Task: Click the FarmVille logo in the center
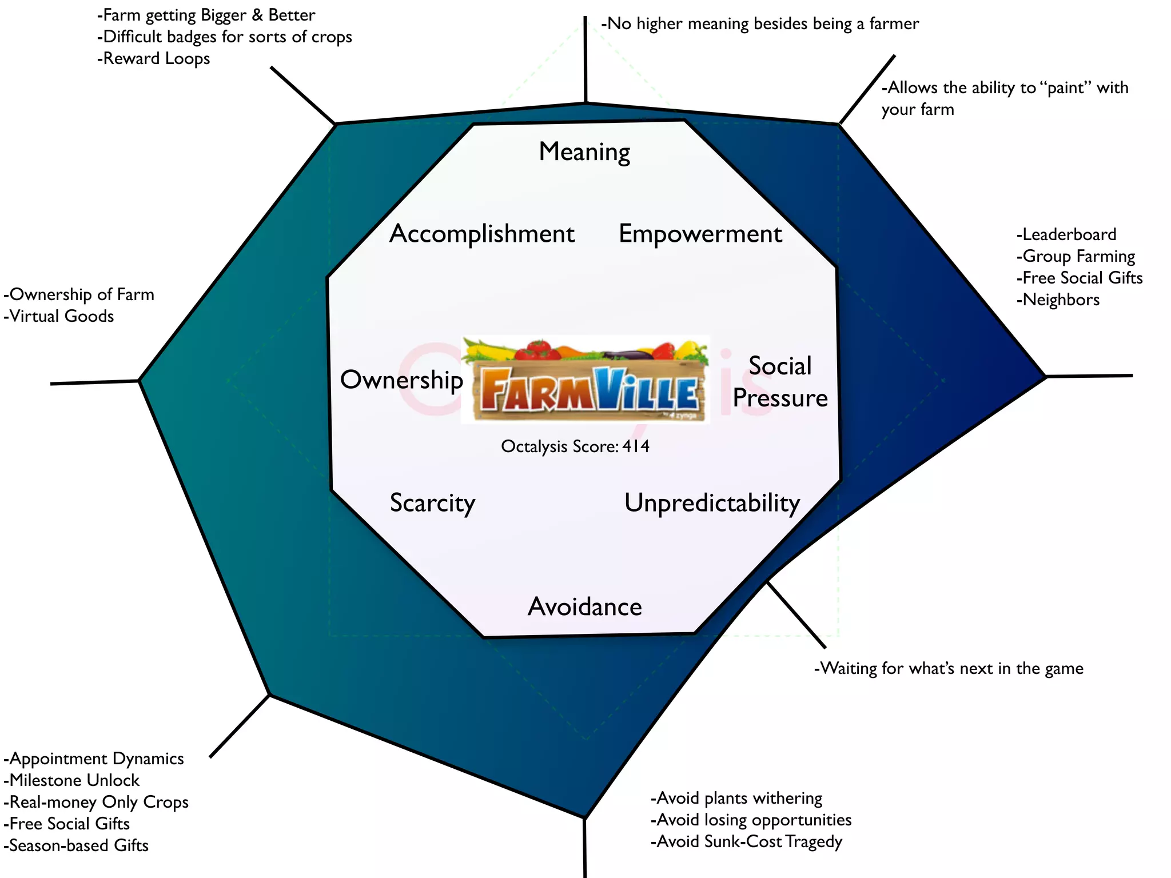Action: click(x=585, y=380)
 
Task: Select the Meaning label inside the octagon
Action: click(x=584, y=152)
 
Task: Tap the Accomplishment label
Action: click(x=482, y=234)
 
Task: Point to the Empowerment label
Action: click(x=700, y=234)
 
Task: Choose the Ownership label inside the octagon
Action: click(x=401, y=380)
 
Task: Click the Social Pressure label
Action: click(x=780, y=382)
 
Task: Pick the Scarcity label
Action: click(x=432, y=503)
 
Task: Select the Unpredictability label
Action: click(x=712, y=503)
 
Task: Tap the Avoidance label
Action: click(x=584, y=606)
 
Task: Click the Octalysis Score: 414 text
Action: click(x=575, y=446)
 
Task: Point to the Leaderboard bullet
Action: click(x=1066, y=234)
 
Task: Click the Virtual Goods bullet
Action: click(x=59, y=316)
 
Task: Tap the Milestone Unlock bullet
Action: click(x=71, y=780)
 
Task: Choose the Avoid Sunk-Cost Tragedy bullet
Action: click(x=746, y=841)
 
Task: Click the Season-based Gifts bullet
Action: click(x=76, y=845)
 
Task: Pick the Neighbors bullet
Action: click(x=1058, y=300)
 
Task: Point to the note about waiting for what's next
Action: click(x=949, y=668)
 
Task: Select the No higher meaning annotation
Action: click(x=760, y=23)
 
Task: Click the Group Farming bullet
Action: click(x=1076, y=256)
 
